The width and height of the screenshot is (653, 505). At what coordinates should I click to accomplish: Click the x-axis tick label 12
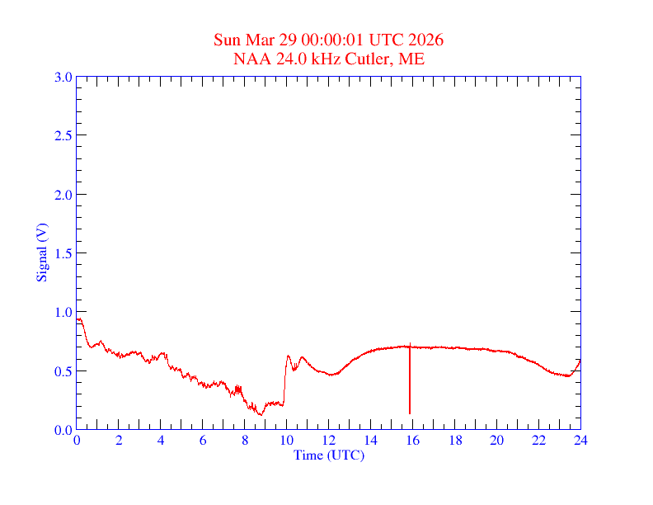[x=329, y=441]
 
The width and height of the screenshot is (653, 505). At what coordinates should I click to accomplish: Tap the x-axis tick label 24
[x=580, y=441]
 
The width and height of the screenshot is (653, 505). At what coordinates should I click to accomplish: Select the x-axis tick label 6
[x=203, y=441]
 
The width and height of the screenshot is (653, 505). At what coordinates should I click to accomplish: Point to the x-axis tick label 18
[x=455, y=441]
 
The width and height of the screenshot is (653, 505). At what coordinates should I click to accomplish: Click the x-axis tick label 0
[x=77, y=441]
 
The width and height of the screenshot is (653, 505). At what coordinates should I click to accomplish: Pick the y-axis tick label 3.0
[x=63, y=77]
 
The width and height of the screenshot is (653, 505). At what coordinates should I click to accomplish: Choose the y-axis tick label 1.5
[x=63, y=253]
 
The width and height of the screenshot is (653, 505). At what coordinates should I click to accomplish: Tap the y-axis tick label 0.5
[x=63, y=371]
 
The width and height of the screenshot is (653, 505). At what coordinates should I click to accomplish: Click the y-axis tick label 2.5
[x=63, y=135]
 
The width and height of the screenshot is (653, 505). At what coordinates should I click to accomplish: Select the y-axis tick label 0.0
[x=63, y=430]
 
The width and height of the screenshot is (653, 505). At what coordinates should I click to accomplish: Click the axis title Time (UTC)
[x=329, y=455]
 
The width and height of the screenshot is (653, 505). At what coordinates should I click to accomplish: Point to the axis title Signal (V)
[x=41, y=252]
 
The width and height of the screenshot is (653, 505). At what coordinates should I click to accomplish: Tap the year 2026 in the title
[x=426, y=40]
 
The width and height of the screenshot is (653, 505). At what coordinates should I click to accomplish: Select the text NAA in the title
[x=251, y=59]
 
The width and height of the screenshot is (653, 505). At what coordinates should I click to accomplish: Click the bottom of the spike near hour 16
[x=410, y=413]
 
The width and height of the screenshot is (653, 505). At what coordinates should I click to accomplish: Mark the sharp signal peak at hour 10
[x=288, y=356]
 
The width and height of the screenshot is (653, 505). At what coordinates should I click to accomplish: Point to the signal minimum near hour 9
[x=260, y=414]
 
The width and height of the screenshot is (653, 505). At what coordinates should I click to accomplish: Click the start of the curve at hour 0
[x=78, y=319]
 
